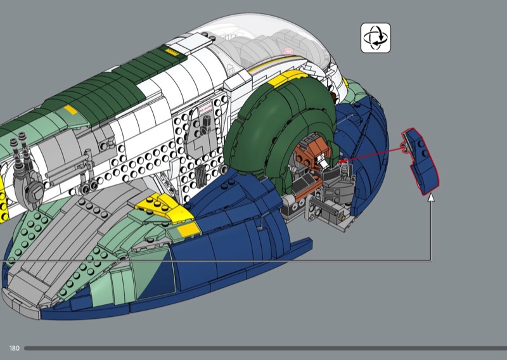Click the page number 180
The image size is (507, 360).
point(14,349)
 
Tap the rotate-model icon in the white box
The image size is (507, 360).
point(375,38)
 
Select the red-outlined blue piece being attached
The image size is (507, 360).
point(421,161)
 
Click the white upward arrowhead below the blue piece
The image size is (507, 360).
point(431,198)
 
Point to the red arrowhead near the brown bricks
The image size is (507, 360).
point(342,161)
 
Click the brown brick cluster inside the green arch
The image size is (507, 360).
point(311,152)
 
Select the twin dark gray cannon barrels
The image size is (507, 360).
point(20,148)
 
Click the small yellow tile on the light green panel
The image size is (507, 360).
point(70,110)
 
